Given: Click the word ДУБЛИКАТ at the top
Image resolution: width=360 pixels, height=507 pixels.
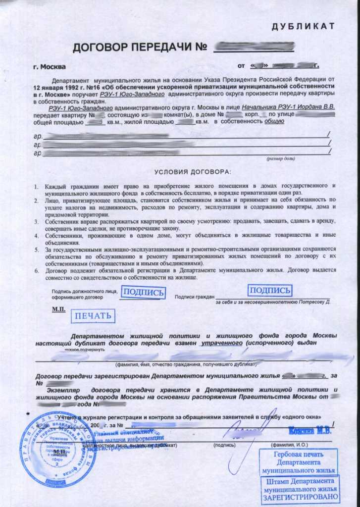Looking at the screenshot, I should pos(304,26).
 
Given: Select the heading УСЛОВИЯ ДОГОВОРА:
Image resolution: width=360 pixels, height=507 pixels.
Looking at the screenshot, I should pos(192,172).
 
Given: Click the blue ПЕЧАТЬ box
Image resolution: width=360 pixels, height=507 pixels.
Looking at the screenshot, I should pos(93,315).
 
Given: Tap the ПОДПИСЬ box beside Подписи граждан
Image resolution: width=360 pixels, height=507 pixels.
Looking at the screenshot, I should pos(269,290).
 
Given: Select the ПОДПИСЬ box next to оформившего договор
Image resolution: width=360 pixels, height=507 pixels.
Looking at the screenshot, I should pos(143,292).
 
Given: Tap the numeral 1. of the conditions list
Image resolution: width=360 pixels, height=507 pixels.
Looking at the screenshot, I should pos(36,186).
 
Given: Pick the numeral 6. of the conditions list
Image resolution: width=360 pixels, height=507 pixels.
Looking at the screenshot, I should pos(36,270).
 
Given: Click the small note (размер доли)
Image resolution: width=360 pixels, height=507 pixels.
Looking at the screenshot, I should pos(281,159).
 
